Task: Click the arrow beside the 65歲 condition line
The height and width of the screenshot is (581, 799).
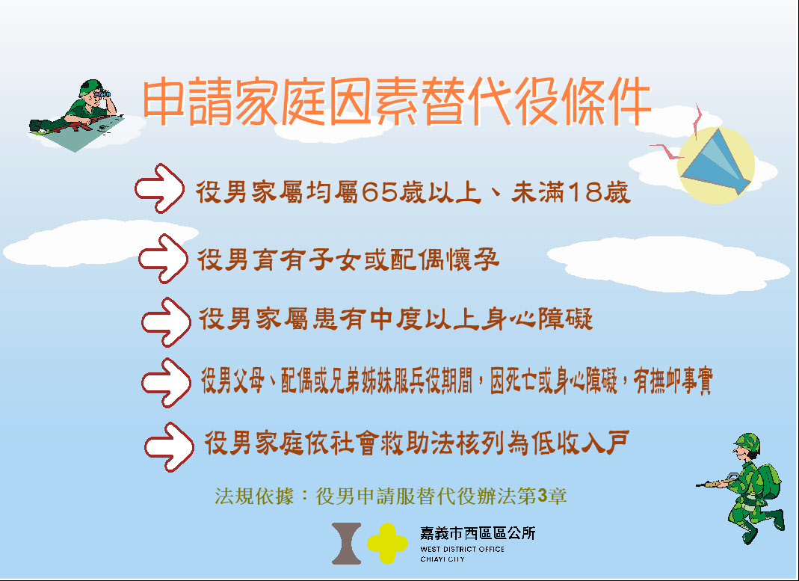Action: (159, 188)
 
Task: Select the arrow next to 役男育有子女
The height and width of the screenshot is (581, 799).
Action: (163, 259)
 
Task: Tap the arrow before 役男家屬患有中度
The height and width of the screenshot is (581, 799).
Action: (166, 322)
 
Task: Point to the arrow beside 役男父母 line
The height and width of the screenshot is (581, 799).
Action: (166, 383)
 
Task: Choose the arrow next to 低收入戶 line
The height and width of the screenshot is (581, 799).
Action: (169, 447)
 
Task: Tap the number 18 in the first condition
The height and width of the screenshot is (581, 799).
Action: (584, 192)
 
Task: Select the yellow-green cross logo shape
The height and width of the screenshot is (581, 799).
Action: (387, 544)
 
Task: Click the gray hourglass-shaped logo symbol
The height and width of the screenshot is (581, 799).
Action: (347, 544)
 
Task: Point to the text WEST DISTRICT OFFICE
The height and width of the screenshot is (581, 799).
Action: (462, 549)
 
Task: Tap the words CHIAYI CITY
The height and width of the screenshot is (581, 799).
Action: (442, 559)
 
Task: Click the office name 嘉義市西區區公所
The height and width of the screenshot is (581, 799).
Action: (478, 533)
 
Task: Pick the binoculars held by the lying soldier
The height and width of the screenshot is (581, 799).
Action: (103, 93)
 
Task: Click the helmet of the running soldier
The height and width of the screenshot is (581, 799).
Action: (748, 443)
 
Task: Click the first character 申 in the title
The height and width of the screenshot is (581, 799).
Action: (164, 102)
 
